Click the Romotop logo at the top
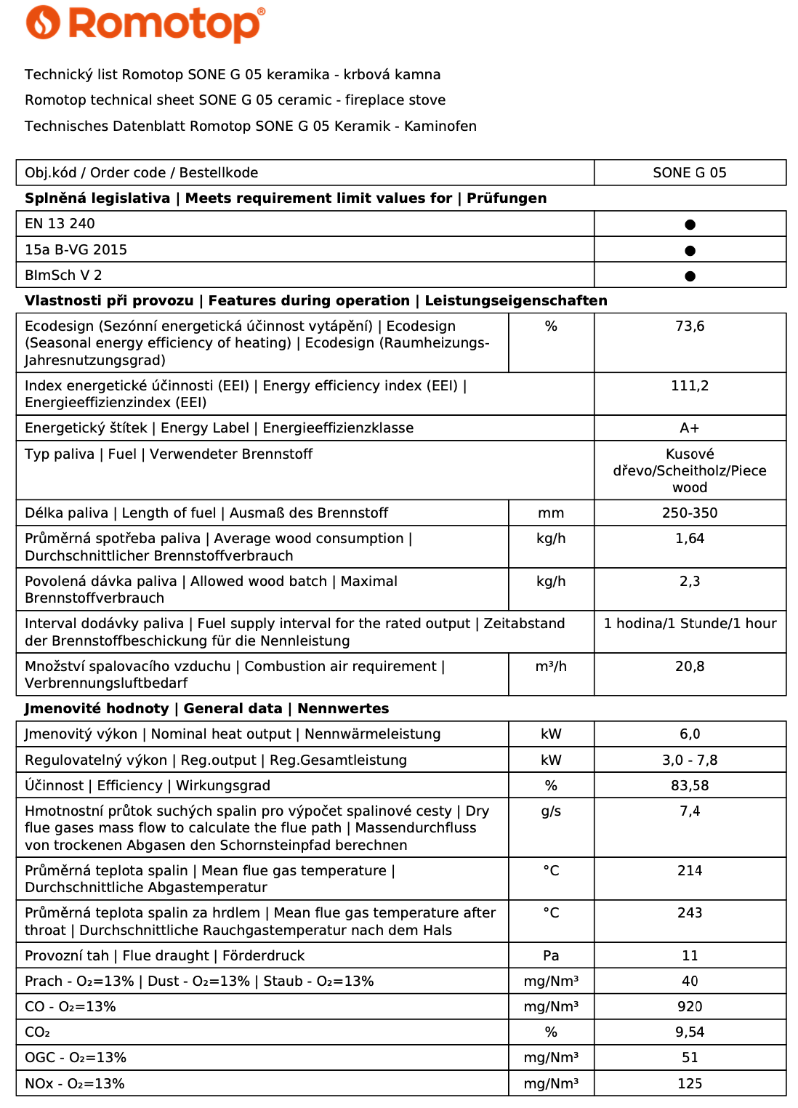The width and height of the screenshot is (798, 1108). pyautogui.click(x=145, y=23)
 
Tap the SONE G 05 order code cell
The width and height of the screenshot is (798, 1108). pyautogui.click(x=689, y=173)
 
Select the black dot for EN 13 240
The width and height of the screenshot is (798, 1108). pyautogui.click(x=690, y=225)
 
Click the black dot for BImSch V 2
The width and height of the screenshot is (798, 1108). pyautogui.click(x=690, y=276)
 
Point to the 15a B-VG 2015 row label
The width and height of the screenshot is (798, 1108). pyautogui.click(x=76, y=250)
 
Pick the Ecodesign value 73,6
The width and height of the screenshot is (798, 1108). pyautogui.click(x=689, y=326)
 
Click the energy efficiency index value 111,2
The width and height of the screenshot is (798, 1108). pyautogui.click(x=689, y=386)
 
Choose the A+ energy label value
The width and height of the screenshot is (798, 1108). pyautogui.click(x=689, y=428)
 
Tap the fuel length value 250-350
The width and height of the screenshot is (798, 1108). pyautogui.click(x=689, y=513)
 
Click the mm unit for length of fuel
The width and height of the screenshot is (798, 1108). pyautogui.click(x=551, y=513)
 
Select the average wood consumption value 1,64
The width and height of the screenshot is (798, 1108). pyautogui.click(x=689, y=539)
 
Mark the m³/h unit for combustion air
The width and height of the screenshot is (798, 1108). pyautogui.click(x=551, y=667)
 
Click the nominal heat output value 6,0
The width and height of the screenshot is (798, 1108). pyautogui.click(x=689, y=734)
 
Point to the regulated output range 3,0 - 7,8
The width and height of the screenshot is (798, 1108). pyautogui.click(x=689, y=760)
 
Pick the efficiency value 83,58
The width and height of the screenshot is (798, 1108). pyautogui.click(x=689, y=786)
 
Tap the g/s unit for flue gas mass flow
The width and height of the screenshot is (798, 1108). pyautogui.click(x=551, y=811)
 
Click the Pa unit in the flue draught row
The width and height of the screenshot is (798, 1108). pyautogui.click(x=551, y=956)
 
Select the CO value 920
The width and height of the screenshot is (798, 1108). pyautogui.click(x=689, y=1007)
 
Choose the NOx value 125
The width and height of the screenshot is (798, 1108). pyautogui.click(x=689, y=1084)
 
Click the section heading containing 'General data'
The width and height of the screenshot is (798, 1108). pyautogui.click(x=206, y=709)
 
